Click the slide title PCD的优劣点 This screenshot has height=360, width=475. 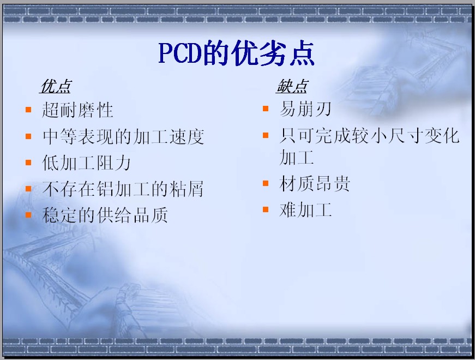[237, 53]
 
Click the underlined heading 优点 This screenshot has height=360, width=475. [56, 86]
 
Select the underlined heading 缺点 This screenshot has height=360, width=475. [292, 86]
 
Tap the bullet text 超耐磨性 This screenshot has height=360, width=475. [77, 110]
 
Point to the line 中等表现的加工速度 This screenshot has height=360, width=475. [123, 136]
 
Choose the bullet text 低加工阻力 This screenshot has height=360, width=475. [86, 163]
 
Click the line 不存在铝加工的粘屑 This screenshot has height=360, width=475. [123, 189]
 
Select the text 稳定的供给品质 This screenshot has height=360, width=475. [105, 215]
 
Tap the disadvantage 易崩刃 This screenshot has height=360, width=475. [305, 109]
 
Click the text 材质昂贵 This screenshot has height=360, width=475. [314, 184]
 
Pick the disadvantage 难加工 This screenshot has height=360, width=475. [305, 210]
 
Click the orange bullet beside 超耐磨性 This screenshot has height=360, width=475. [28, 110]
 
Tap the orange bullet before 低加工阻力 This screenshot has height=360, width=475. [28, 163]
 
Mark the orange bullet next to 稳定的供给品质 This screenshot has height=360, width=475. [28, 214]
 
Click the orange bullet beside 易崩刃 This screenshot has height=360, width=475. [266, 109]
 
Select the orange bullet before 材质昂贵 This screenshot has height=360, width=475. [266, 183]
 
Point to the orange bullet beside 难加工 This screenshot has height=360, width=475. [266, 209]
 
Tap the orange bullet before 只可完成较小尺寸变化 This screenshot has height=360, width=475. [266, 135]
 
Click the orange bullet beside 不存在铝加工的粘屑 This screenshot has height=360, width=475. [28, 189]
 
